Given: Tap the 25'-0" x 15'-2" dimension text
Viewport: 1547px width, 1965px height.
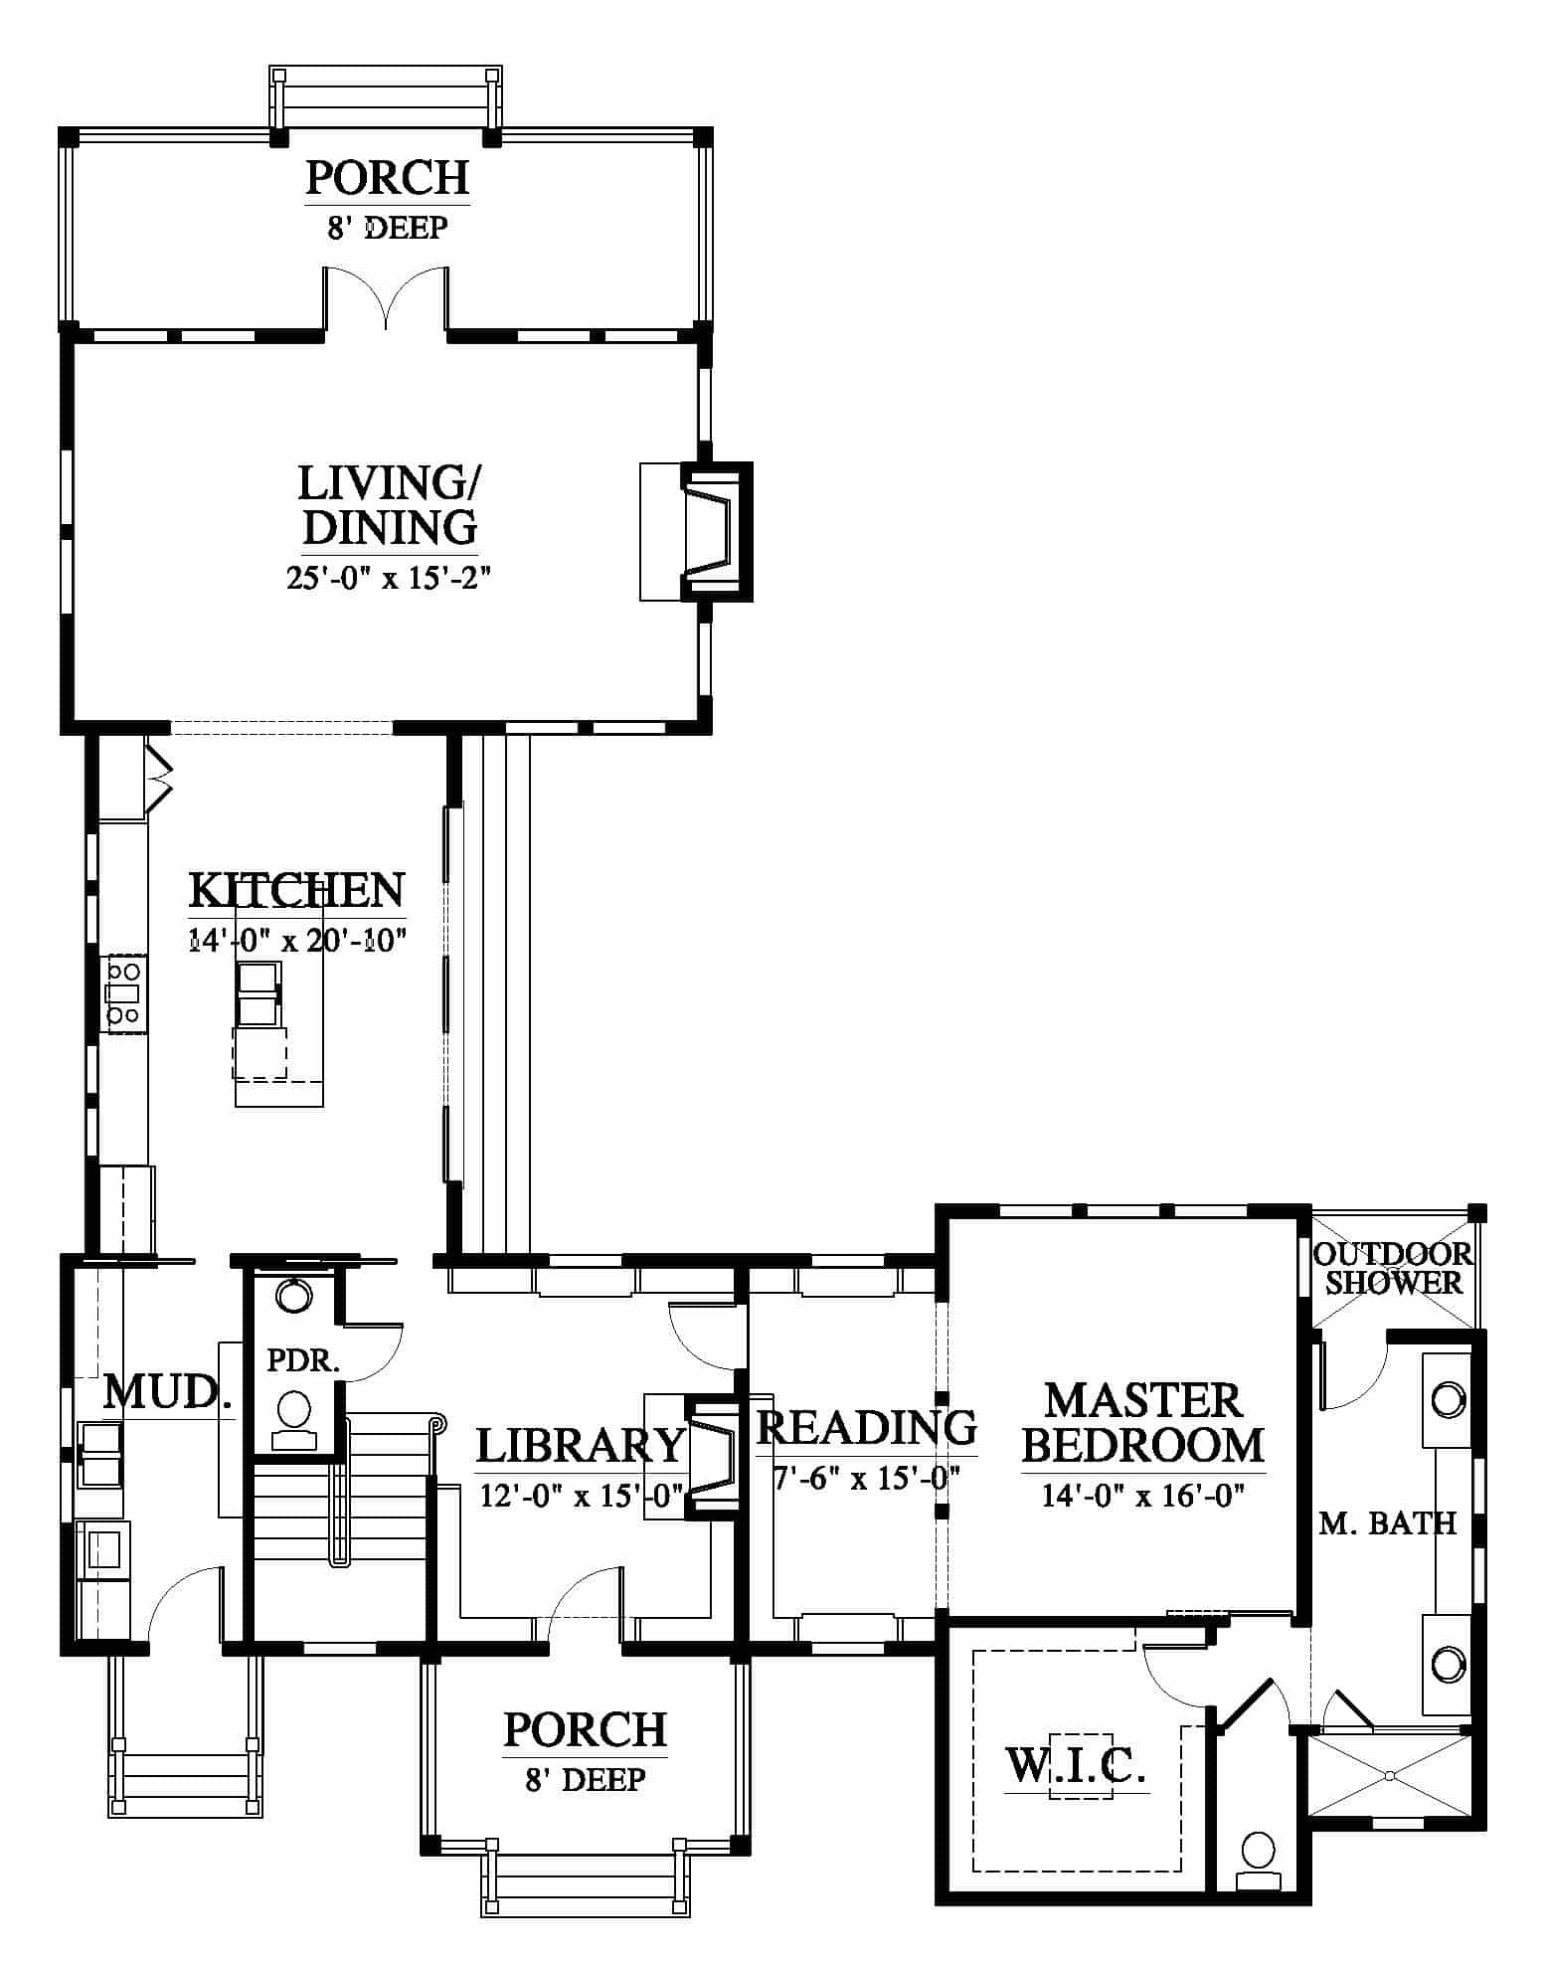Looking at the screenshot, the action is tap(389, 578).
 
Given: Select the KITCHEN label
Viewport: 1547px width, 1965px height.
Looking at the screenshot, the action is tap(296, 890).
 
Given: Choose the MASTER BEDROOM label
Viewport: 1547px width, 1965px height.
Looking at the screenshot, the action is tap(1143, 1423).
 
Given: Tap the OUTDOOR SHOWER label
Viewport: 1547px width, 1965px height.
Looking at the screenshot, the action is tap(1393, 1268).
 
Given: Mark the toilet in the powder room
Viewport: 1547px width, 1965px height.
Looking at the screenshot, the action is tap(294, 1419).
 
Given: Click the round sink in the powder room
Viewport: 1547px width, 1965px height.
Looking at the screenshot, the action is tap(293, 1296).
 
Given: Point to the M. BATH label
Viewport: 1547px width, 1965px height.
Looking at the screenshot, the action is tap(1388, 1522).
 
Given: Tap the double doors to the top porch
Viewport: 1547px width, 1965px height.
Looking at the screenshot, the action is tap(386, 296).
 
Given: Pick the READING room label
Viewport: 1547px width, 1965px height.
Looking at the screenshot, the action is tap(867, 1427).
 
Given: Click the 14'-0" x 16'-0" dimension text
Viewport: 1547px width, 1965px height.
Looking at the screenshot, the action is tap(1143, 1495).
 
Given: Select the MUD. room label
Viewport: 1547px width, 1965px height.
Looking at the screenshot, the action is tap(168, 1392).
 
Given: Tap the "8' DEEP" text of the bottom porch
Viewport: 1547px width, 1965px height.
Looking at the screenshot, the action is tap(586, 1779).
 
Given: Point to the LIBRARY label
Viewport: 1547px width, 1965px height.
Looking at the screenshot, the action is tap(581, 1446).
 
